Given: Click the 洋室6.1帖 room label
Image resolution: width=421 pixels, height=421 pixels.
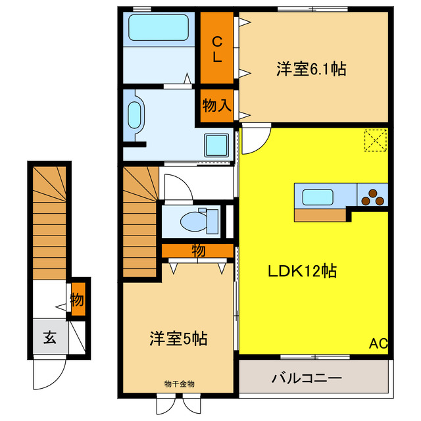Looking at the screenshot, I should [x=311, y=69].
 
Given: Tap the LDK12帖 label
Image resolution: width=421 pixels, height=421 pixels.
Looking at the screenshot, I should [x=302, y=270].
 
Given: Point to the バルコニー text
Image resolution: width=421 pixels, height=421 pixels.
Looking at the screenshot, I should [x=307, y=379].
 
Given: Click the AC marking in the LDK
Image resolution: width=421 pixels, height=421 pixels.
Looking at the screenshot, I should [x=378, y=343].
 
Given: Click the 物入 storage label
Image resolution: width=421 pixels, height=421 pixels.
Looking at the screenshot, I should [x=216, y=105].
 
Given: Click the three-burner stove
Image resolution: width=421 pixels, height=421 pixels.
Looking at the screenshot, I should [x=374, y=197].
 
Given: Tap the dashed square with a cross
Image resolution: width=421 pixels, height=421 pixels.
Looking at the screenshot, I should [x=376, y=140].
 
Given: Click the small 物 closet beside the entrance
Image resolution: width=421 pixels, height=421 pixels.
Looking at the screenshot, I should [x=78, y=300].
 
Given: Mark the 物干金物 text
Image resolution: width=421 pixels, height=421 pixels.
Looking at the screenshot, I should [x=179, y=383].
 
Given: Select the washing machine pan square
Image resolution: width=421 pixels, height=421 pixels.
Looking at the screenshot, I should [x=215, y=145].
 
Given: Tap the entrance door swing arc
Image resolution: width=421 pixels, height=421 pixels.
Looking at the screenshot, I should [x=49, y=376].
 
